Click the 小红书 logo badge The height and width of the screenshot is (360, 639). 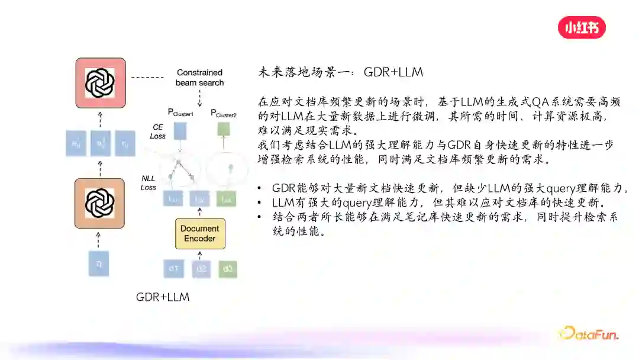(x=582, y=27)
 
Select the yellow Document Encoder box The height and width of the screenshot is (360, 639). (x=199, y=233)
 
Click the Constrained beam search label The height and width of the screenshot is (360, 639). (x=199, y=78)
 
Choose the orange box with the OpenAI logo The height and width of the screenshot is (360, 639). (x=99, y=203)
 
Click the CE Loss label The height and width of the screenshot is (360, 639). (x=158, y=131)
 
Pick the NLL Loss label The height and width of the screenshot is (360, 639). (x=149, y=182)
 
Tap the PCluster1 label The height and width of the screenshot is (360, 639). (x=180, y=113)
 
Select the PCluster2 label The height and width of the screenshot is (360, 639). (x=224, y=113)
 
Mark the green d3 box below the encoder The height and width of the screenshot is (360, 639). (x=228, y=269)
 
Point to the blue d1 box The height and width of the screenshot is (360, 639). (x=174, y=269)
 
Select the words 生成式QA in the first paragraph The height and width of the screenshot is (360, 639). (x=521, y=102)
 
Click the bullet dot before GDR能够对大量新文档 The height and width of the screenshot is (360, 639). (x=260, y=189)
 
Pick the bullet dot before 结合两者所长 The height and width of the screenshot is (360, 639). (x=260, y=217)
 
